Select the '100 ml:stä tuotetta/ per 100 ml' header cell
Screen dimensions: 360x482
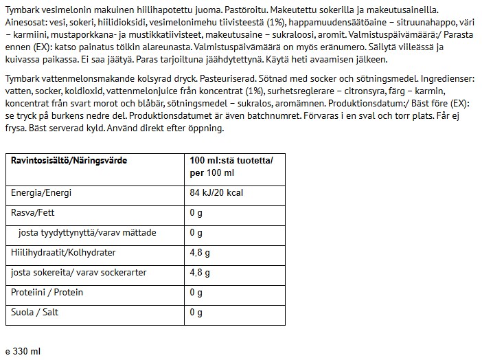[231, 166]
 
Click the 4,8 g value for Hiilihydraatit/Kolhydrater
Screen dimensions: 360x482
[200, 253]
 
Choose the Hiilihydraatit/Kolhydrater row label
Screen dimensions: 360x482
[63, 253]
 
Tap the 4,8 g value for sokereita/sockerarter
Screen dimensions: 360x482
[200, 273]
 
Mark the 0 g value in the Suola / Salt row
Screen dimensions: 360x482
[196, 313]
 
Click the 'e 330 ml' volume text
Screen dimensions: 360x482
[23, 350]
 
